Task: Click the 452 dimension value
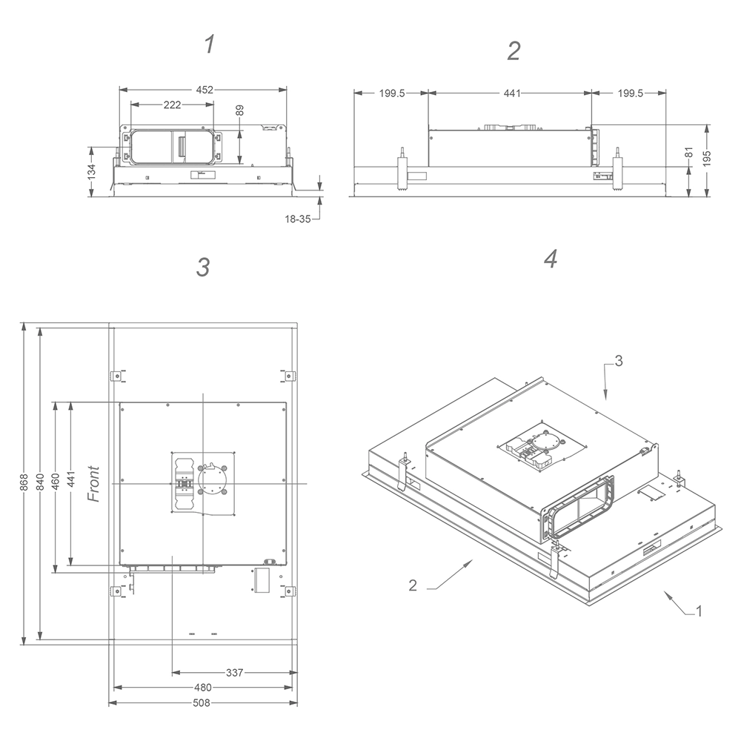[205, 90]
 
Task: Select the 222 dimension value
[172, 105]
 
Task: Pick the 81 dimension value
[689, 153]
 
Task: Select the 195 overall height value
[708, 157]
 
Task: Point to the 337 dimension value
[234, 673]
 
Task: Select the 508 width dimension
[202, 702]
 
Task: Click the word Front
[93, 484]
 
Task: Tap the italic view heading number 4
[550, 259]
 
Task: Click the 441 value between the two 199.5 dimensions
[511, 93]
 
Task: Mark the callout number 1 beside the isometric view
[698, 611]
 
